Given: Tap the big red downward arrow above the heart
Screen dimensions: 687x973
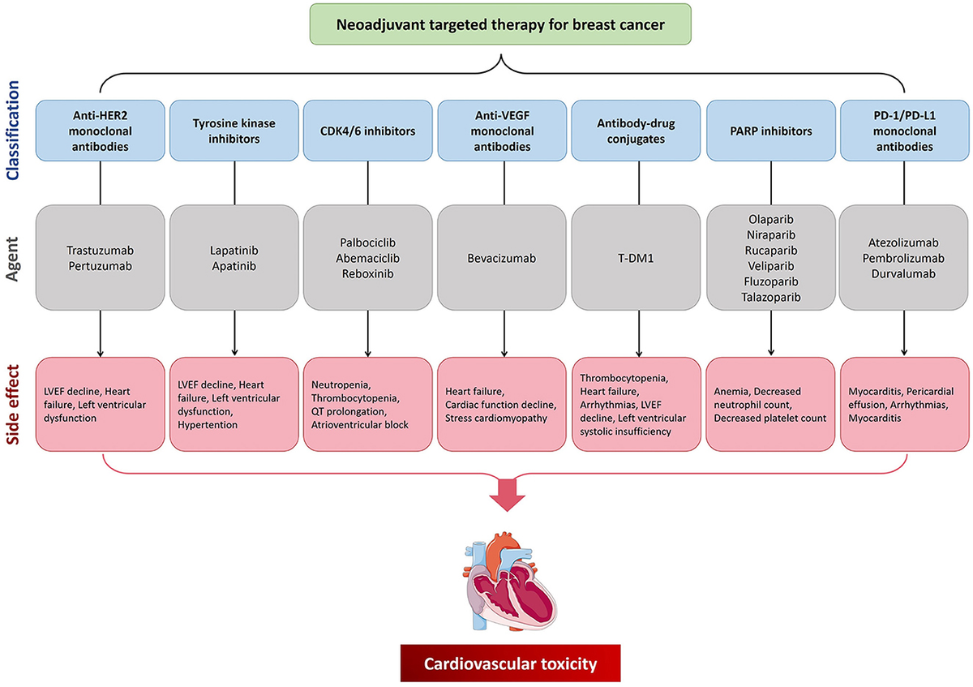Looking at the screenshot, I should point(506,495).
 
